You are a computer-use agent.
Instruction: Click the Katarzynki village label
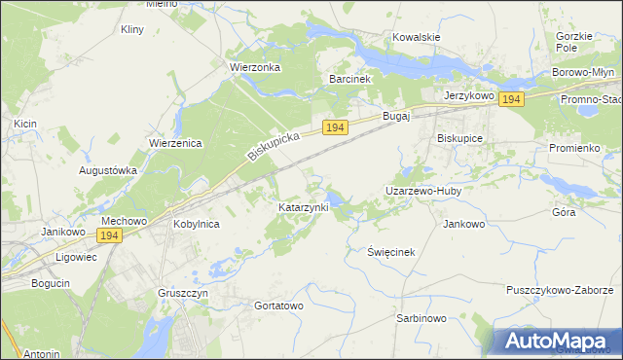(304, 207)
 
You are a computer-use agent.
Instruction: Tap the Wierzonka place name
(254, 67)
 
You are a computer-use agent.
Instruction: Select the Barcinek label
(351, 78)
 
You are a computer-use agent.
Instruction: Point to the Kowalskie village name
(417, 37)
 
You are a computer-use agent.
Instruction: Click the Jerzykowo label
(469, 96)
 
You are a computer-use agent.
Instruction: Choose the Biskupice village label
(460, 138)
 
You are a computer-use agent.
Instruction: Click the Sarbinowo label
(421, 318)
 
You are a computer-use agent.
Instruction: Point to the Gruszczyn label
(183, 292)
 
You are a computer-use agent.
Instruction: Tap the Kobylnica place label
(196, 224)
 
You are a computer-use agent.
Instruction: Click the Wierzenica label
(175, 143)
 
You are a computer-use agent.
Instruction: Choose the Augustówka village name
(107, 169)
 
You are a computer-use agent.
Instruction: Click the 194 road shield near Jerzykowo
(512, 99)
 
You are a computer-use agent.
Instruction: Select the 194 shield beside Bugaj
(336, 127)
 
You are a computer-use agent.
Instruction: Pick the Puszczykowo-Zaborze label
(559, 290)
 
